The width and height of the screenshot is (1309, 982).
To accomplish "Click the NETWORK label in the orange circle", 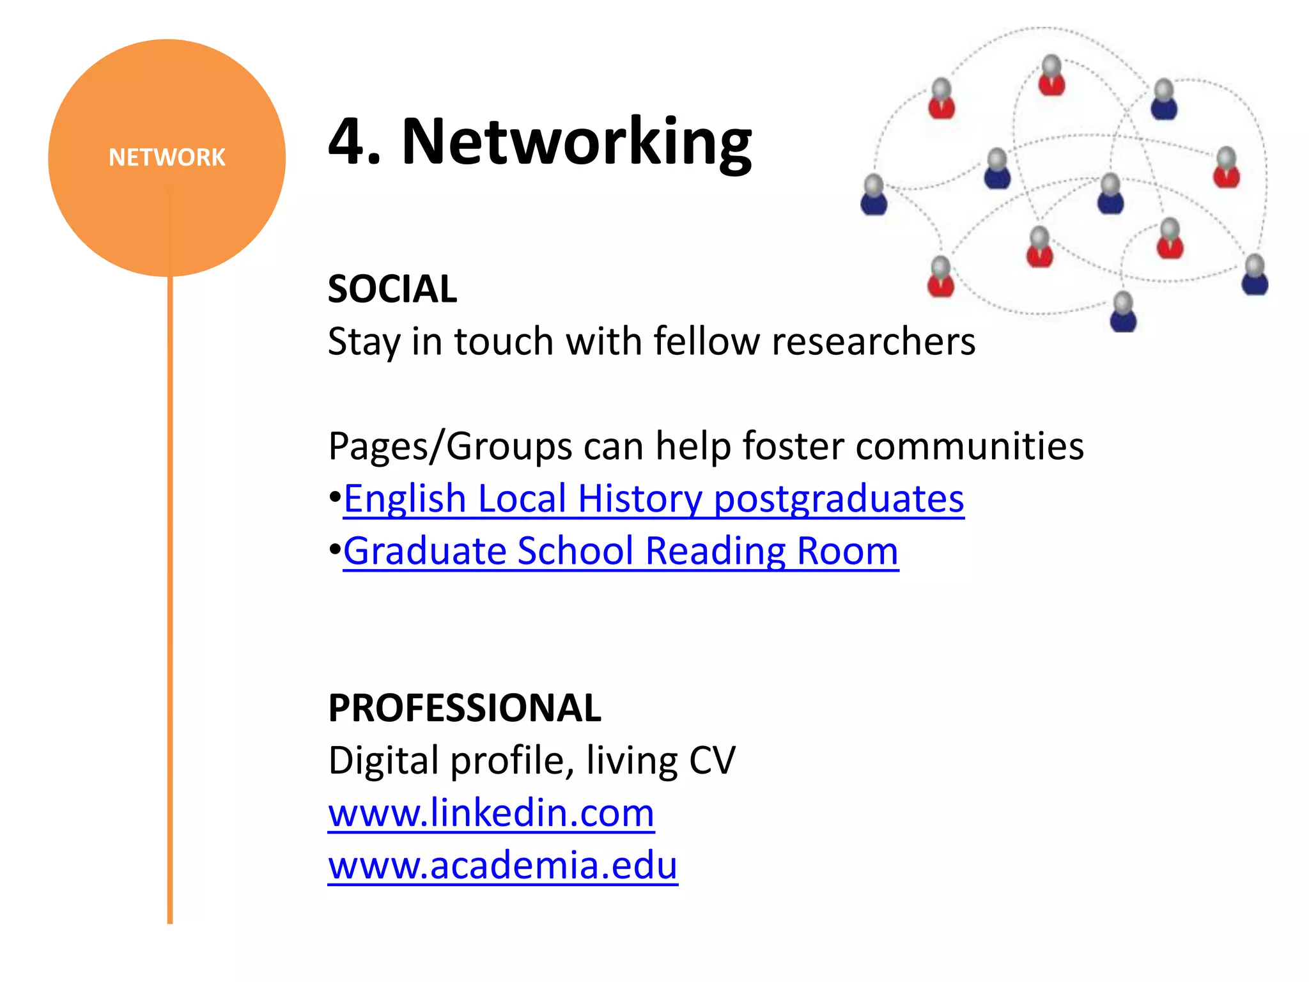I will click(167, 157).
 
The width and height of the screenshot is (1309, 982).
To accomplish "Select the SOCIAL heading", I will click(392, 289).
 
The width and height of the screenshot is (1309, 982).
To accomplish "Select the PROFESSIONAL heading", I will click(465, 708).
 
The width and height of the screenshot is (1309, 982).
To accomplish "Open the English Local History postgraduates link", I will click(653, 499).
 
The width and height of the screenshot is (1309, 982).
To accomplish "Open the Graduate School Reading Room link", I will click(621, 551).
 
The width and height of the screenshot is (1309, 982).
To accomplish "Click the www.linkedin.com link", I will click(491, 813).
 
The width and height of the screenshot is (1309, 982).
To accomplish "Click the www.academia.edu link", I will click(502, 866).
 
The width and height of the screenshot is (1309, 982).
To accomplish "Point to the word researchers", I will click(873, 341).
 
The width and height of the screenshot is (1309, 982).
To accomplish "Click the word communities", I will click(969, 446).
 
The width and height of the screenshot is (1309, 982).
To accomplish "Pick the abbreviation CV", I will click(712, 761).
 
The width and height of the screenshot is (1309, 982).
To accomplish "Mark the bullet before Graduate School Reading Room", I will click(334, 550).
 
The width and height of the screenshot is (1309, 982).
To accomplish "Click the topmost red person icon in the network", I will click(1051, 76).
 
